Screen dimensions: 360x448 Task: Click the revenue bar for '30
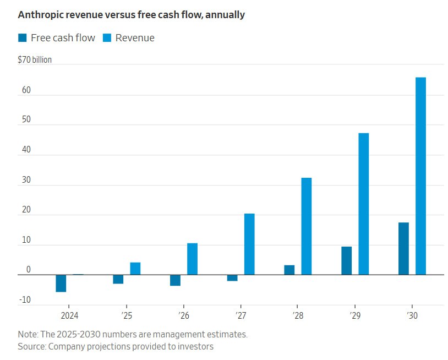pyautogui.click(x=420, y=176)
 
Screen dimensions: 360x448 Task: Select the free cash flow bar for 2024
pyautogui.click(x=61, y=283)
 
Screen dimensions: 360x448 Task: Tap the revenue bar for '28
pyautogui.click(x=306, y=226)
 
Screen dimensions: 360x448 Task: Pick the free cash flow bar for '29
pyautogui.click(x=346, y=260)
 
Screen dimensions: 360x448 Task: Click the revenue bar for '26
pyautogui.click(x=192, y=259)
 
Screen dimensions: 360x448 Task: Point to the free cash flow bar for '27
pyautogui.click(x=232, y=277)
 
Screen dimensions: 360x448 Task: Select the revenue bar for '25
pyautogui.click(x=135, y=268)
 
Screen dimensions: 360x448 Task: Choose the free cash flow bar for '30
pyautogui.click(x=403, y=248)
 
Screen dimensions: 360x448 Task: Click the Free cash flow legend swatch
pyautogui.click(x=22, y=38)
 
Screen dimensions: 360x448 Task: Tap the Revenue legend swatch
pyautogui.click(x=106, y=38)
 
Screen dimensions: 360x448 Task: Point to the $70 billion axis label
pyautogui.click(x=35, y=59)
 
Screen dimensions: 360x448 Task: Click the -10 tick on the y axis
pyautogui.click(x=25, y=300)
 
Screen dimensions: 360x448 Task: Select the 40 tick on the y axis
pyautogui.click(x=25, y=150)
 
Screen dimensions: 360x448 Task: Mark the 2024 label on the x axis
pyautogui.click(x=69, y=315)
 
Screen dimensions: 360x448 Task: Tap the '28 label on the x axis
pyautogui.click(x=297, y=315)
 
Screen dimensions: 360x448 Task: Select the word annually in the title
pyautogui.click(x=225, y=15)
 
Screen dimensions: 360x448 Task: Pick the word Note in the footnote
pyautogui.click(x=28, y=334)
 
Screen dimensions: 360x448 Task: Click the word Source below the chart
pyautogui.click(x=31, y=346)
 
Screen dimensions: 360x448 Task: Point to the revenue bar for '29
pyautogui.click(x=363, y=204)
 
